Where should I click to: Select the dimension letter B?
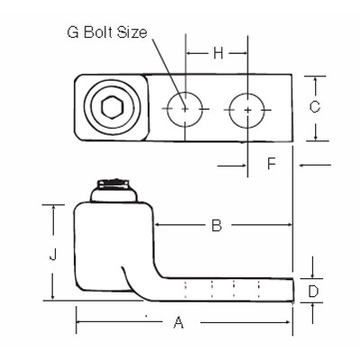216,226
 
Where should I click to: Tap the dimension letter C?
315,107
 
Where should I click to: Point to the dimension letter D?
314,291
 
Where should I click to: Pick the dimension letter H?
217,54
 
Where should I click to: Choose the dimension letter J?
53,255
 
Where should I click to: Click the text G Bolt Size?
106,33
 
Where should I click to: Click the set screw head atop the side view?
115,189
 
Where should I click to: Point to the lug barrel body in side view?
106,238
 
